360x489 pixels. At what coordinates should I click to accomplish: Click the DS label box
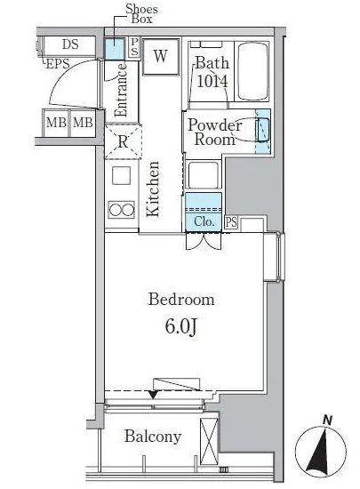(x=69, y=46)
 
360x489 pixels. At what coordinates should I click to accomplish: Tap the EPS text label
(x=58, y=64)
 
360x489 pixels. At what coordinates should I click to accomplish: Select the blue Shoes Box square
(x=115, y=49)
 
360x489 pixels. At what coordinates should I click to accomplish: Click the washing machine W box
(x=161, y=56)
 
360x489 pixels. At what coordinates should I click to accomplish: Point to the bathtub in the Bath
(x=252, y=71)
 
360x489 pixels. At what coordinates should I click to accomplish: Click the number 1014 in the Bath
(x=212, y=82)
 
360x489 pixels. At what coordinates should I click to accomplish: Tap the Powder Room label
(x=215, y=132)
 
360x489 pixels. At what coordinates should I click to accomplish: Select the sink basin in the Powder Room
(x=262, y=130)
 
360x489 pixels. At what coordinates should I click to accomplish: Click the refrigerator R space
(x=124, y=141)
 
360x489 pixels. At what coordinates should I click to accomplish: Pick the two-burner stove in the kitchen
(x=121, y=209)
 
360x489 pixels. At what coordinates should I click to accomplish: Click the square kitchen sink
(x=121, y=176)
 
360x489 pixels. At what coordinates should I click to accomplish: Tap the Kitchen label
(x=153, y=188)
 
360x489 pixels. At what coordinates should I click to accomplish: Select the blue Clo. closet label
(x=204, y=221)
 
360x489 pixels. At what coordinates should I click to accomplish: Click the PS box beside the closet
(x=231, y=222)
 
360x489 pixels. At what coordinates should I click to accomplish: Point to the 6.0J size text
(x=180, y=327)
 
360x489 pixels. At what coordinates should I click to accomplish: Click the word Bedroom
(x=181, y=300)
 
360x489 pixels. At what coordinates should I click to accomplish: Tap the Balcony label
(x=153, y=437)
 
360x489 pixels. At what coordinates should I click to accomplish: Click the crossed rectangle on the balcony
(x=209, y=441)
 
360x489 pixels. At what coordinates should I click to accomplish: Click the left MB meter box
(x=56, y=123)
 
